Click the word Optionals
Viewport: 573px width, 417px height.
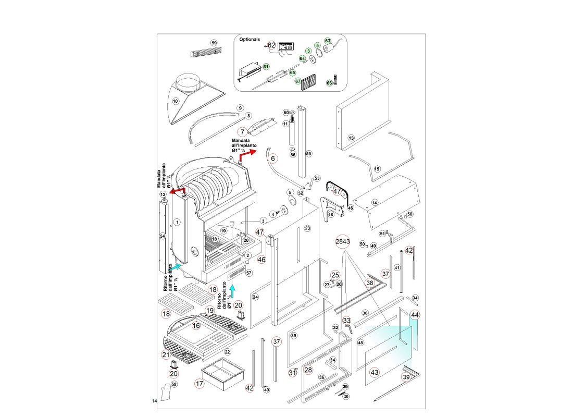[250, 39]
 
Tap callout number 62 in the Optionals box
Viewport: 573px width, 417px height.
[271, 45]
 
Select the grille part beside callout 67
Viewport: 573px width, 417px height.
[308, 82]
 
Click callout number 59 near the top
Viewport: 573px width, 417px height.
[214, 43]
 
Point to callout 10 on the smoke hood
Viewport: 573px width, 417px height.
[176, 101]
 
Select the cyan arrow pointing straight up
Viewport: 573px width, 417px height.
[232, 291]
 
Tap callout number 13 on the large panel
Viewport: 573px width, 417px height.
[351, 138]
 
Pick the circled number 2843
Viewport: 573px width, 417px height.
[343, 241]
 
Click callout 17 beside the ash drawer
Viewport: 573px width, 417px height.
[199, 383]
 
